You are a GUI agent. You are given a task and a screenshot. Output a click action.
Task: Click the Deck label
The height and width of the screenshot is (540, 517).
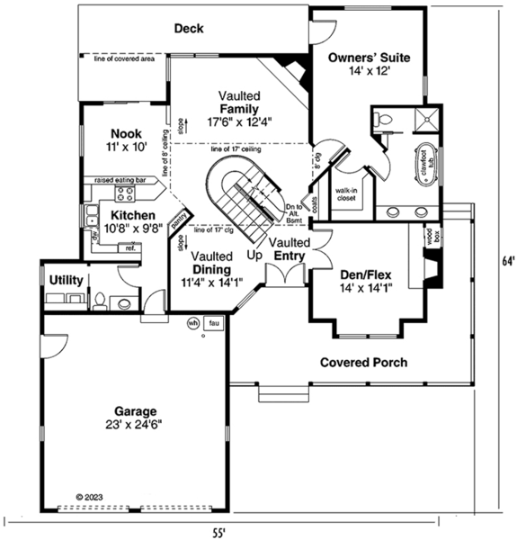point(188,29)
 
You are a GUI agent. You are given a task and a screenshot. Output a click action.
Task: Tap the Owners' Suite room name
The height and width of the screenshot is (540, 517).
point(369,58)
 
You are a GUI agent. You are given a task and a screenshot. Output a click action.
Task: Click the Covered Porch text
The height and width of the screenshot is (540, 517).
point(363,363)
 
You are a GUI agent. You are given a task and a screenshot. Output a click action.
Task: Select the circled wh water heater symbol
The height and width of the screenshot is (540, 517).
point(192,322)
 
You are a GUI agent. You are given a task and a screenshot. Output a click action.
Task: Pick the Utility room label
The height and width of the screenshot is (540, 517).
point(67,281)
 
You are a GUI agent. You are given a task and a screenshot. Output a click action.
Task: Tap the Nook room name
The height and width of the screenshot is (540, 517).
point(126,133)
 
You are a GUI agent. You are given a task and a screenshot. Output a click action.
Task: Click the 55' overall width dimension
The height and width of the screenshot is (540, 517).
point(220,532)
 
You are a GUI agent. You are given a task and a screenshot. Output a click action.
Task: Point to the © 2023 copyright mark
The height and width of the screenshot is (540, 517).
point(91,496)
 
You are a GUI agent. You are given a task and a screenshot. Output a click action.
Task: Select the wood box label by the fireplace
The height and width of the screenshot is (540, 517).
point(430,238)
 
